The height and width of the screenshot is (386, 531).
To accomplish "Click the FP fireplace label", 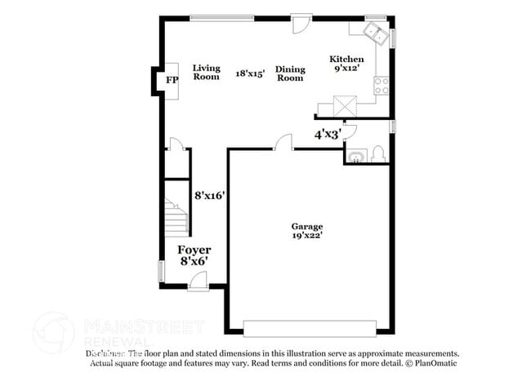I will point(172,80).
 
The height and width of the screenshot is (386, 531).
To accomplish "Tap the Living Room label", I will point(206,73).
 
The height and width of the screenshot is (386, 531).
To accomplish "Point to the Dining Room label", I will point(290,73).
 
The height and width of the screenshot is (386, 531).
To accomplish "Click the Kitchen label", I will point(346,60).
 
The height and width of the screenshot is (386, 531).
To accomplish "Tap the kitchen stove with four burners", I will point(382,85).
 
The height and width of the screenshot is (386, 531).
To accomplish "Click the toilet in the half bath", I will point(377,153).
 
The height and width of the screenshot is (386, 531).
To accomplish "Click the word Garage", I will point(307,226).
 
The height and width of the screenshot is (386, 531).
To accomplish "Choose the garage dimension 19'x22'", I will point(307,237).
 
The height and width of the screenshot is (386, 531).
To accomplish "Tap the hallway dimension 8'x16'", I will point(209,196).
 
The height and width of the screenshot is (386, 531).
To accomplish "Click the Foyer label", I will point(194,250).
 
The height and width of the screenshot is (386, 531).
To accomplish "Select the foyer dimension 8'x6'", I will point(194,262).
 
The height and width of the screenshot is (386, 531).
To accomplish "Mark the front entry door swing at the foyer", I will point(198,282).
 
